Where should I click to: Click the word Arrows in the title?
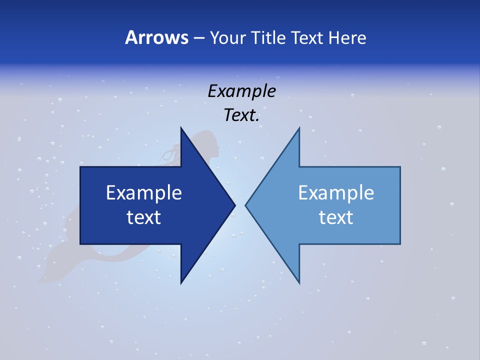point(156,37)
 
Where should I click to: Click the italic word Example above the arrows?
point(241,91)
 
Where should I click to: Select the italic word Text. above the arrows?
point(241,115)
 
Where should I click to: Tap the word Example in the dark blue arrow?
point(144,193)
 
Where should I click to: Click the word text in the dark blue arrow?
point(144,217)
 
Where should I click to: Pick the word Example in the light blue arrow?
point(336,193)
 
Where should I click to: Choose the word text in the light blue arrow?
point(336,217)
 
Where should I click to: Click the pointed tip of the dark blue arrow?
point(234,205)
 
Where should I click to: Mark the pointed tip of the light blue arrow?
point(246,205)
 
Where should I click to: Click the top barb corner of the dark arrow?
point(181,128)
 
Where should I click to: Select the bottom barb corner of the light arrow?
point(299,283)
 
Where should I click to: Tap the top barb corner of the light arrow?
point(299,128)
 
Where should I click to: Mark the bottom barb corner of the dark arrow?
point(181,283)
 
